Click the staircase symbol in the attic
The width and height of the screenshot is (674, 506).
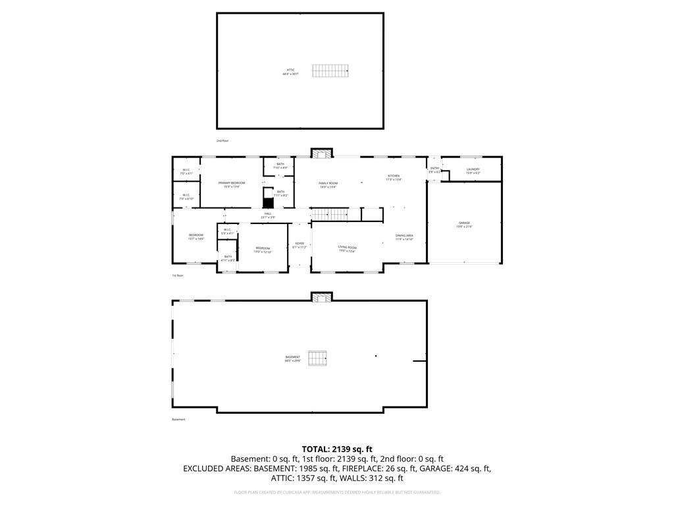pyautogui.click(x=330, y=70)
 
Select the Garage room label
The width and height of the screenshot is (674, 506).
pyautogui.click(x=465, y=225)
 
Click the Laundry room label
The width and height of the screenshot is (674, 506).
pyautogui.click(x=473, y=171)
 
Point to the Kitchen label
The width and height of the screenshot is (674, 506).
pyautogui.click(x=393, y=177)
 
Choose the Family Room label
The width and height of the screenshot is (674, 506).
pyautogui.click(x=328, y=184)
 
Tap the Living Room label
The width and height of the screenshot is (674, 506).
pyautogui.click(x=347, y=249)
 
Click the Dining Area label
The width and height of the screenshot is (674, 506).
pyautogui.click(x=404, y=237)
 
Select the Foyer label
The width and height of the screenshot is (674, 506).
pyautogui.click(x=299, y=245)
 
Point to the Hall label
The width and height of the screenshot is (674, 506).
pyautogui.click(x=268, y=215)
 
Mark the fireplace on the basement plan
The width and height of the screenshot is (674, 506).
pyautogui.click(x=322, y=297)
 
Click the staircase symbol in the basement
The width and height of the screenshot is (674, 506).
pyautogui.click(x=319, y=358)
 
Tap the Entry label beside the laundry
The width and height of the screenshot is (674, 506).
pyautogui.click(x=434, y=170)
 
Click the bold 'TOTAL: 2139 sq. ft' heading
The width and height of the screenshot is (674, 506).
pyautogui.click(x=337, y=449)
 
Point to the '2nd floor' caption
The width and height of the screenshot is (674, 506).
pyautogui.click(x=222, y=140)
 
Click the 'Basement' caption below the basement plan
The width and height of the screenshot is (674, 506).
pyautogui.click(x=178, y=419)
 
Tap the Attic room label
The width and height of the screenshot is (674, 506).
pyautogui.click(x=290, y=71)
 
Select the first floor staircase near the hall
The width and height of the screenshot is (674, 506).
pyautogui.click(x=328, y=214)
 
